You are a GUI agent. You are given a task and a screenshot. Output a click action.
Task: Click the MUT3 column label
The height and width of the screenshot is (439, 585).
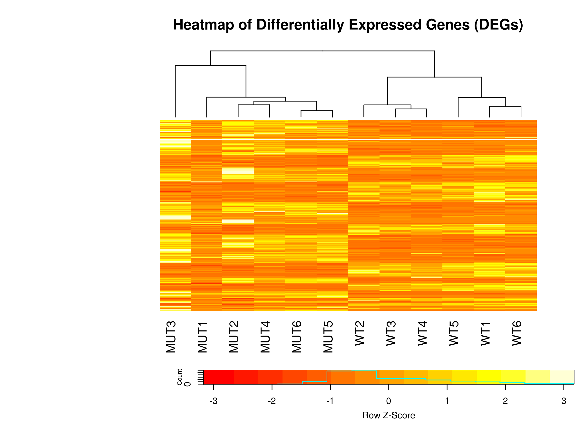pyautogui.click(x=171, y=337)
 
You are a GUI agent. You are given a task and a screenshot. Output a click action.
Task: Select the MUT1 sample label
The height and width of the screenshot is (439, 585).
pyautogui.click(x=203, y=337)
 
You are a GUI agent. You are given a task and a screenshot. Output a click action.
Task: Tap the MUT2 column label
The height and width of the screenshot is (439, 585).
pyautogui.click(x=234, y=337)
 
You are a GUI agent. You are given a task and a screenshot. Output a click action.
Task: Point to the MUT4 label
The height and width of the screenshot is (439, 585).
pyautogui.click(x=265, y=337)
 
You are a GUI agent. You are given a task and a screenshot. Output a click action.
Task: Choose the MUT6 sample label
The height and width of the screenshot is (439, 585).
pyautogui.click(x=297, y=337)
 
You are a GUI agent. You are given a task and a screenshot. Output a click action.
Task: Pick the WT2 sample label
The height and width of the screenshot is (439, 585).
pyautogui.click(x=360, y=333)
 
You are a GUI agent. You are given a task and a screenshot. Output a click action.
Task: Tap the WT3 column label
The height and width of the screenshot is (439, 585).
pyautogui.click(x=391, y=333)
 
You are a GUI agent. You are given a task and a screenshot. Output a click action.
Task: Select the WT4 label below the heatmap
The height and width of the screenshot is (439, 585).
pyautogui.click(x=423, y=333)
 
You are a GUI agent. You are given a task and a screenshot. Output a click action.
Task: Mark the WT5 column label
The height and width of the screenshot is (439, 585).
pyautogui.click(x=454, y=333)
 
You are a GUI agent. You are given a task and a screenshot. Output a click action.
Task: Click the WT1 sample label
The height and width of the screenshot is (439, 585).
pyautogui.click(x=486, y=334)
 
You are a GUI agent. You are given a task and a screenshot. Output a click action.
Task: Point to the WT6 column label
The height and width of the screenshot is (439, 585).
pyautogui.click(x=517, y=333)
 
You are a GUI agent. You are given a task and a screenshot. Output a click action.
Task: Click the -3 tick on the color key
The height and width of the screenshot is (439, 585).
pyautogui.click(x=214, y=401)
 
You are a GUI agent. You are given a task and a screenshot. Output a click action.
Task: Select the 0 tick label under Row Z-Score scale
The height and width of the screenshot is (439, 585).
pyautogui.click(x=389, y=401)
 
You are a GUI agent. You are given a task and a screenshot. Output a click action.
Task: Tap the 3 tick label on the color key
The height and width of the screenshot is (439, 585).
pyautogui.click(x=564, y=401)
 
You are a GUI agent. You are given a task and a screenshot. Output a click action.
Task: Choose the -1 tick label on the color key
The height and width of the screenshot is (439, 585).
pyautogui.click(x=330, y=401)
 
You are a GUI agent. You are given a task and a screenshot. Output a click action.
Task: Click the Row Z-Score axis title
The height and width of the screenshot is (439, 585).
pyautogui.click(x=389, y=415)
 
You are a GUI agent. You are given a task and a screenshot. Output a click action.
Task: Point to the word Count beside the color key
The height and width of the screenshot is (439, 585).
pyautogui.click(x=180, y=377)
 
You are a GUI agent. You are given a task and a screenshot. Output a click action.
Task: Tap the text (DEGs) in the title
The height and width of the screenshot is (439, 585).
pyautogui.click(x=498, y=25)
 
